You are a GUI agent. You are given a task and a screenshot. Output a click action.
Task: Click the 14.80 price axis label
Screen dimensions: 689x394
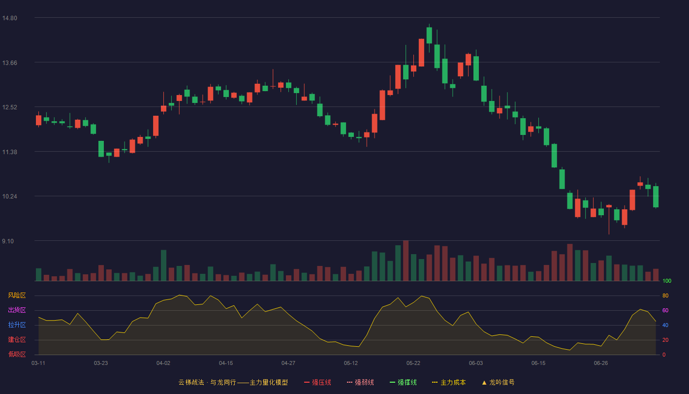tap(9, 18)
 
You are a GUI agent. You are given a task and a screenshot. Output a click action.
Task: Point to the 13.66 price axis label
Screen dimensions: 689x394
tap(9, 63)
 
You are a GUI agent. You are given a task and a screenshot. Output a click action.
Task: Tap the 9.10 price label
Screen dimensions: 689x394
tap(8, 241)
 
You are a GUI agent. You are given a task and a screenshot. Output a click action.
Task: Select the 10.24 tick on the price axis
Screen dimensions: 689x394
tap(9, 197)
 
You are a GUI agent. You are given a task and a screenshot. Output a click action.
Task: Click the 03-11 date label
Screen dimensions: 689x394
tap(38, 363)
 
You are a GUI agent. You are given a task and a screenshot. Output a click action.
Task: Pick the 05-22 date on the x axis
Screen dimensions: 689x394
tap(413, 363)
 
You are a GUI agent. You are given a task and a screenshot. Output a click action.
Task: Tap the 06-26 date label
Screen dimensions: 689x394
tap(601, 363)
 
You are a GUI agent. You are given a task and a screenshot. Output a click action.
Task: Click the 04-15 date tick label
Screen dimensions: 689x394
tap(226, 363)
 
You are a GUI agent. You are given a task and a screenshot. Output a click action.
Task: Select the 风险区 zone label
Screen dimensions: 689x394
tap(17, 295)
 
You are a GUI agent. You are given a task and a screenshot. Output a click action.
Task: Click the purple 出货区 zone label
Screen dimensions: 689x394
tap(17, 310)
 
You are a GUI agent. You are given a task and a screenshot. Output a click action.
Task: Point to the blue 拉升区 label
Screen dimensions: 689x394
tap(17, 325)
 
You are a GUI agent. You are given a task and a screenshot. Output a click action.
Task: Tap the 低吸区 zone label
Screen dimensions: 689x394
tap(17, 354)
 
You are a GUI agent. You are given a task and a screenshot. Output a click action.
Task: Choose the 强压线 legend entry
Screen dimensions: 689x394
tap(317, 382)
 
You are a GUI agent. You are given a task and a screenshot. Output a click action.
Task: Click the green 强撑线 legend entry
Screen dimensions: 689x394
tap(403, 382)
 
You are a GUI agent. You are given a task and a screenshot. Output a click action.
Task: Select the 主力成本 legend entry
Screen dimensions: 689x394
tap(449, 382)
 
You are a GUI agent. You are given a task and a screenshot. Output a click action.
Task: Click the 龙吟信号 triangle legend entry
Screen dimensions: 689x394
tap(498, 382)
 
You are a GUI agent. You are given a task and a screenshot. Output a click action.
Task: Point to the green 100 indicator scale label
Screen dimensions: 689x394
tap(667, 281)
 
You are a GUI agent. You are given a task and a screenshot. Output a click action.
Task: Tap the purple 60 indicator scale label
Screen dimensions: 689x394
tap(665, 310)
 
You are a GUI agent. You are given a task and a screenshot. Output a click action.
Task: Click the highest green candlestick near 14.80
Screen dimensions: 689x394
tap(429, 35)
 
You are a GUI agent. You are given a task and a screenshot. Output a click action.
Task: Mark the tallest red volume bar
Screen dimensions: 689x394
tap(406, 261)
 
